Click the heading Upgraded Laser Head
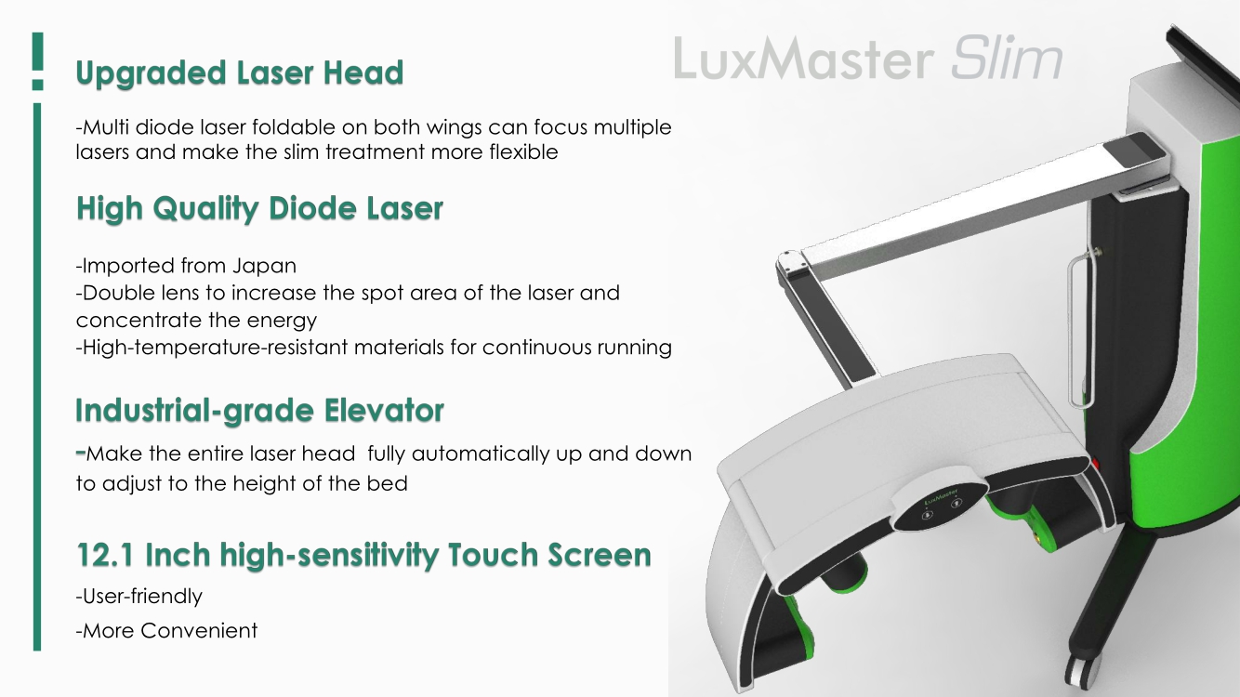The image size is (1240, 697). click(239, 73)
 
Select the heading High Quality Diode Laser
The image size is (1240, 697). click(259, 209)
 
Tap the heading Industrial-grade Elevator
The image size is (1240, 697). click(259, 410)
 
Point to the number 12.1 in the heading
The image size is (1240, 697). click(108, 556)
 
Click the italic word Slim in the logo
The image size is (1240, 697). click(1007, 60)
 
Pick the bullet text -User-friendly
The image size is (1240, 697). click(139, 595)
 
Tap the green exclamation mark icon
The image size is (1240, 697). click(37, 61)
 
